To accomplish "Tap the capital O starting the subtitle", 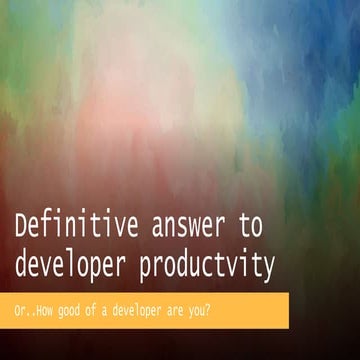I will (20, 306).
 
